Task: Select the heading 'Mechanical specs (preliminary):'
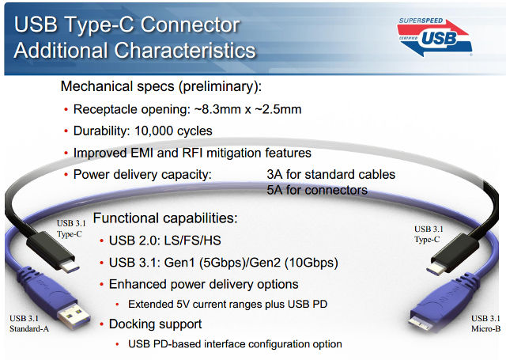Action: point(161,85)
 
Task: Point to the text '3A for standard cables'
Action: point(330,174)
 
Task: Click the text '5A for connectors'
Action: point(317,190)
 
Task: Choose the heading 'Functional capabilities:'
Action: point(164,218)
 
